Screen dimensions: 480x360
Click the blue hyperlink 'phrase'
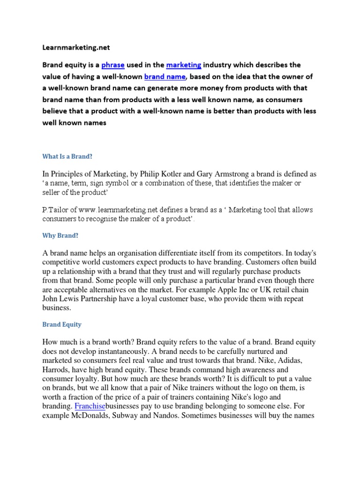pyautogui.click(x=113, y=65)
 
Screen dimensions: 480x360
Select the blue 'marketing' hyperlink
pyautogui.click(x=184, y=65)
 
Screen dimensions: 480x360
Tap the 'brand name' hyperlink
pyautogui.click(x=165, y=76)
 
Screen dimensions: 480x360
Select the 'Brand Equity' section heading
pyautogui.click(x=62, y=324)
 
